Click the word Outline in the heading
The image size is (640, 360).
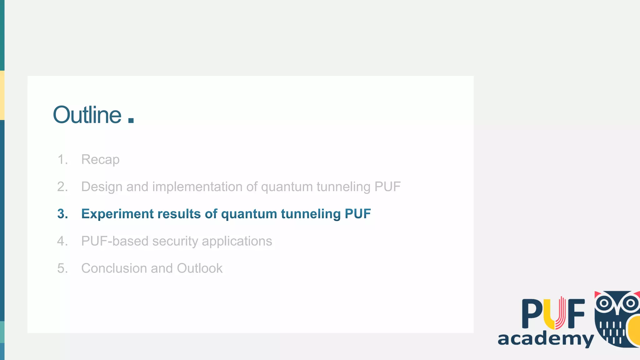(87, 115)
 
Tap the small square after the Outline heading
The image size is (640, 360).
(131, 120)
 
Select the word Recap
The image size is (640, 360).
(100, 160)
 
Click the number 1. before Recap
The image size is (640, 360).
(62, 160)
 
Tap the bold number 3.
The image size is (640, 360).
(62, 214)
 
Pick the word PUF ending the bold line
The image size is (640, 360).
(357, 214)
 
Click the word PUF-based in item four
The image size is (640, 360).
(115, 241)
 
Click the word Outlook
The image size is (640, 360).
(200, 268)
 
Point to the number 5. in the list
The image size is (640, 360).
(62, 268)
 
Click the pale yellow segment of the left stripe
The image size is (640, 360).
(2, 95)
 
